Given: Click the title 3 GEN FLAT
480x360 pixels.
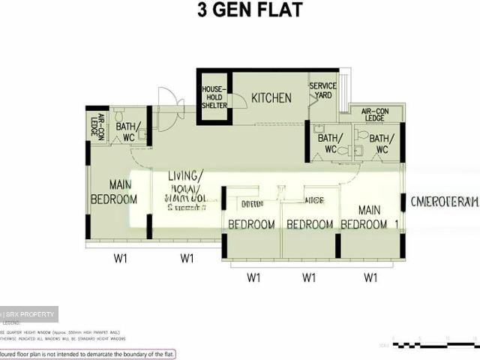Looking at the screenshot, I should (x=239, y=11).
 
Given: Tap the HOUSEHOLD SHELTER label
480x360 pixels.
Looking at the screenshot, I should (x=214, y=97).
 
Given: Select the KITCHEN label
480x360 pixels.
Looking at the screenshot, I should (x=271, y=98).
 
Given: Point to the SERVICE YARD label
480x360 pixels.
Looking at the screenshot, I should (x=323, y=91).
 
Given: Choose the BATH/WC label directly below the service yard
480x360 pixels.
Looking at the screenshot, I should (x=329, y=143).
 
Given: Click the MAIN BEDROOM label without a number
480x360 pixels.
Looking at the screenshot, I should (x=114, y=192).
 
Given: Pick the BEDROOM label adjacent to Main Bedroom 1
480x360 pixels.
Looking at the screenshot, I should (x=310, y=224).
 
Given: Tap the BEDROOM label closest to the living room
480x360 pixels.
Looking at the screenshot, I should (x=250, y=224).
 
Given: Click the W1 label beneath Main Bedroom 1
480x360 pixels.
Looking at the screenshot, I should (x=370, y=277).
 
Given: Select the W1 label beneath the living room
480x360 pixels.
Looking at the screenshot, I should (x=187, y=259).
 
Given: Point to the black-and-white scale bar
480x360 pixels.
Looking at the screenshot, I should (x=435, y=345).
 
